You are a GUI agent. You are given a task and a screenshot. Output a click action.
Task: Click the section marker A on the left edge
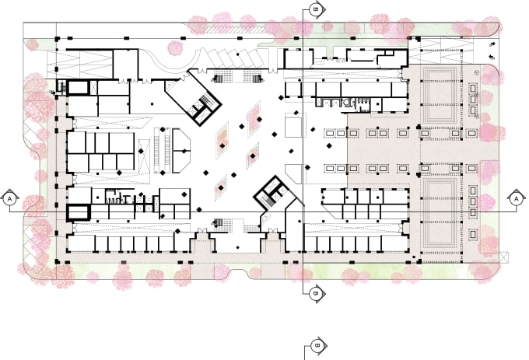tap(9, 199)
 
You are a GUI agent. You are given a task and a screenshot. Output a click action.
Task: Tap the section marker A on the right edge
tap(516, 199)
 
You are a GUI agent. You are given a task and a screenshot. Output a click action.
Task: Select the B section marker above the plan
tap(317, 9)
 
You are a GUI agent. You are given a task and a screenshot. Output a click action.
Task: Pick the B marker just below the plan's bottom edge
tap(317, 294)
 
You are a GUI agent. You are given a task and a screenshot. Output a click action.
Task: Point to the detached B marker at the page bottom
tap(318, 345)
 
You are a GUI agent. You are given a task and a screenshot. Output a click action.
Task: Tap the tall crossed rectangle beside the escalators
tap(145, 157)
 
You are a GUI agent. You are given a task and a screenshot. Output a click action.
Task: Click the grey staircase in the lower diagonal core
tap(270, 201)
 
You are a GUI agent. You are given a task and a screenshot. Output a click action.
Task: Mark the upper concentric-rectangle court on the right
tap(440, 96)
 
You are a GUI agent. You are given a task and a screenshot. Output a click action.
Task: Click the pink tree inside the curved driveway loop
tap(175, 47)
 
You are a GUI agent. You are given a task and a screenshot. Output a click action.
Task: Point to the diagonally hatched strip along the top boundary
tap(236, 30)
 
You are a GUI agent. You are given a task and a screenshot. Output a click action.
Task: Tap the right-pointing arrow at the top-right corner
tap(492, 44)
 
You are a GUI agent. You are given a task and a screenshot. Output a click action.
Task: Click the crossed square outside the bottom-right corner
tap(504, 257)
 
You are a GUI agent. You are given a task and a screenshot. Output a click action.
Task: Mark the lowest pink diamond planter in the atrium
tap(221, 187)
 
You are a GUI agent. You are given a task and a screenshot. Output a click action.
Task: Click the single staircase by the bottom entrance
tap(219, 223)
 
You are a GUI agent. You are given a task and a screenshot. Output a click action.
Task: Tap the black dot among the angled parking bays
tap(238, 54)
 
